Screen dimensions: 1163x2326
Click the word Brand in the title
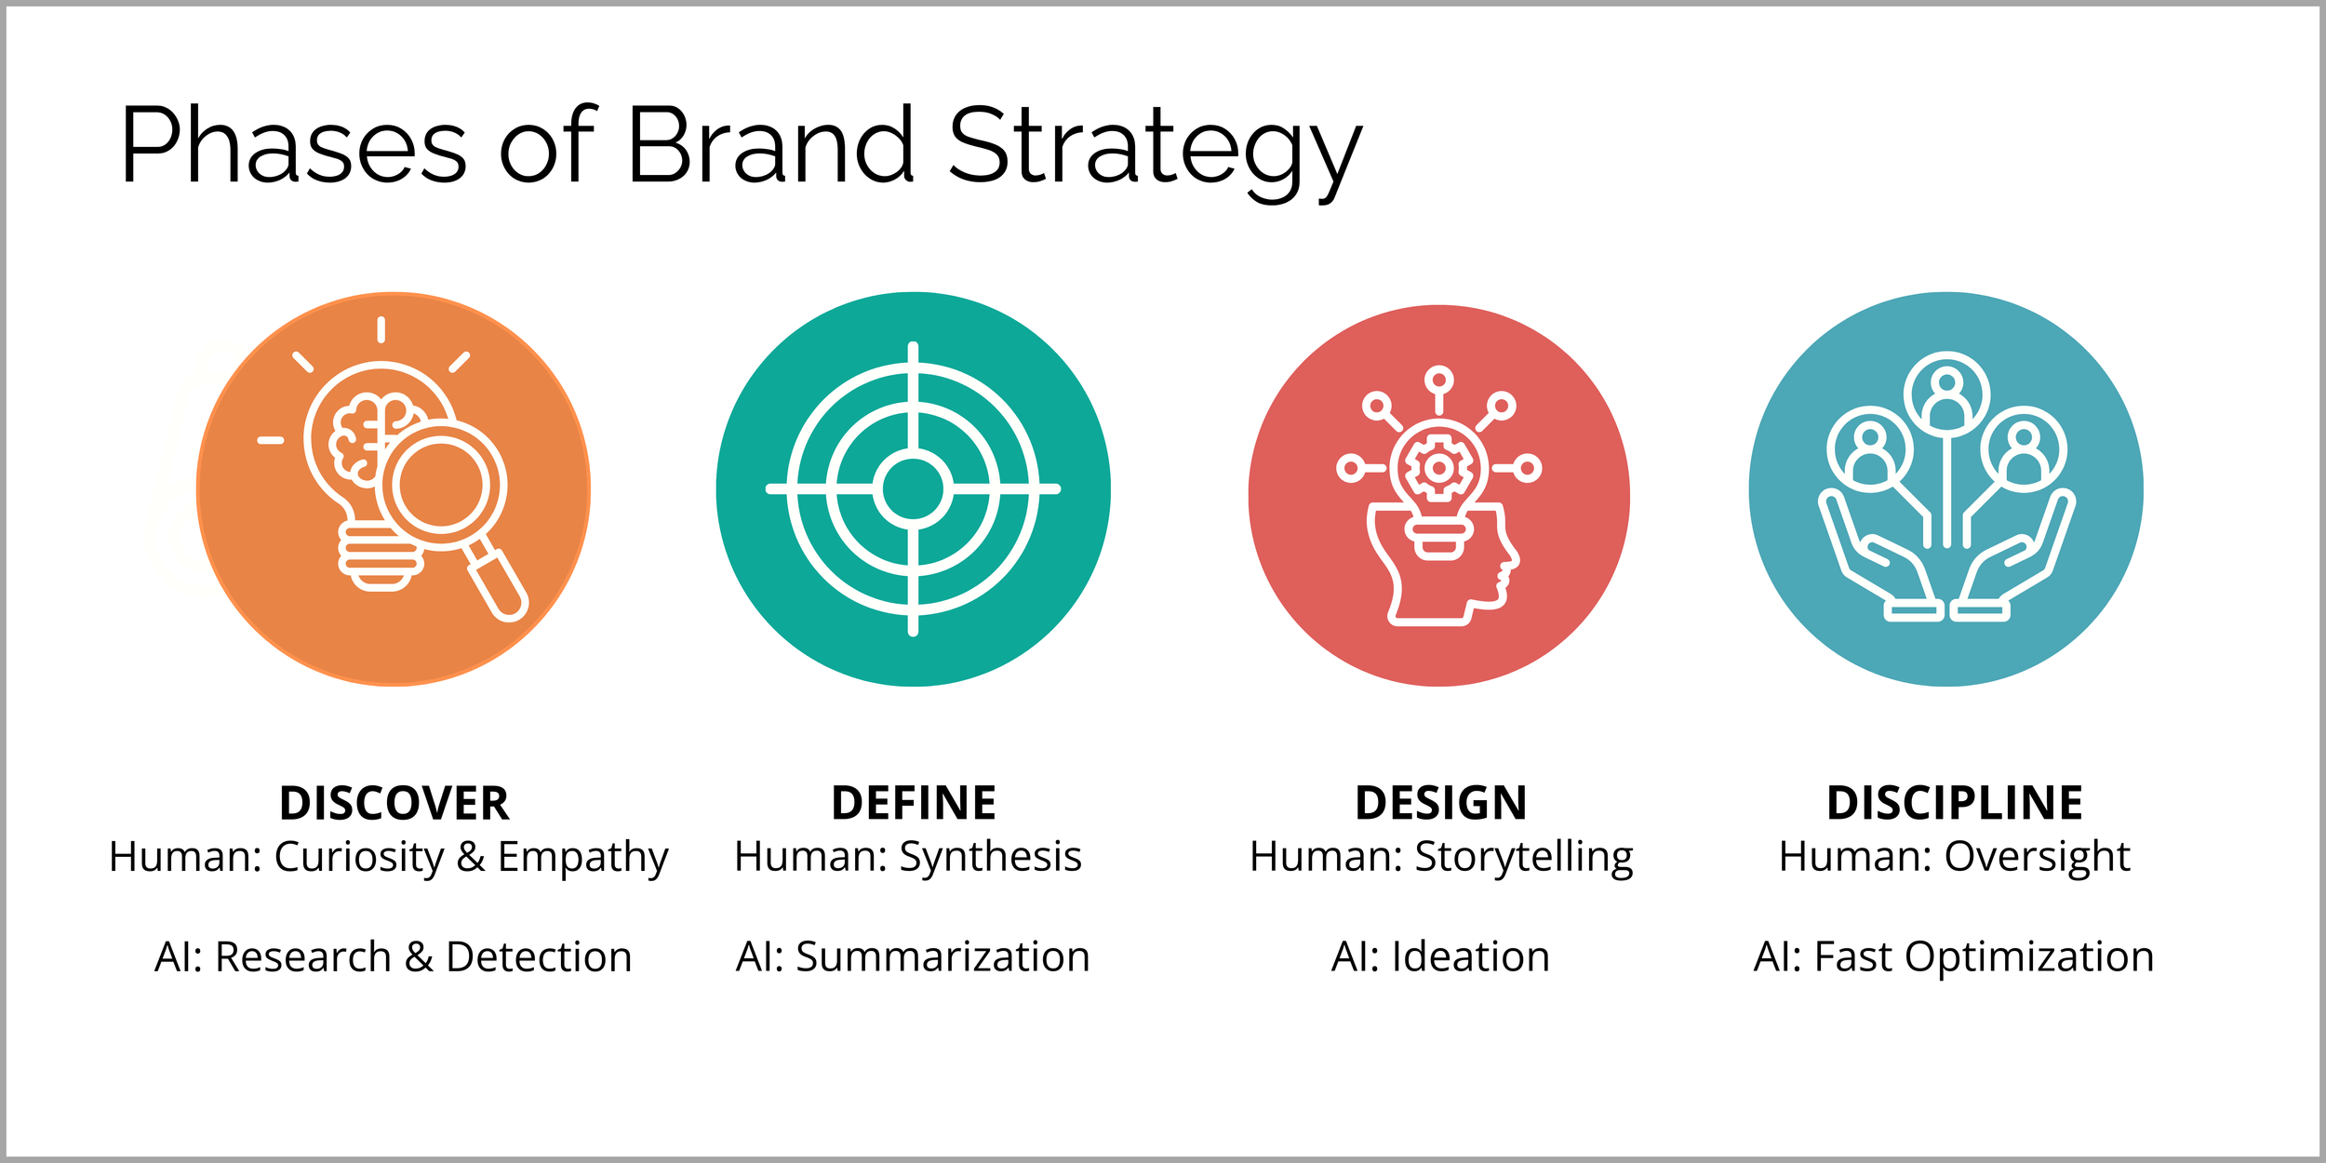tap(770, 146)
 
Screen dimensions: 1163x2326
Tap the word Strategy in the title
tap(1155, 149)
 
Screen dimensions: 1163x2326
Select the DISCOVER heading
tap(394, 804)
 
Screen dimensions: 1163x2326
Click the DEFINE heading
tap(914, 804)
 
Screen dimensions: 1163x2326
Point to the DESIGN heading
tap(1441, 804)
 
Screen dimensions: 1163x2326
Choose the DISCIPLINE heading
tap(1955, 804)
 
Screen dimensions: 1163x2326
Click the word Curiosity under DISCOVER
tap(359, 857)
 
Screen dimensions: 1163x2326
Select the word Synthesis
tap(990, 857)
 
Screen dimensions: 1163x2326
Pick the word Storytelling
tap(1524, 857)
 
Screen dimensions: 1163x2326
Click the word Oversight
tap(2038, 857)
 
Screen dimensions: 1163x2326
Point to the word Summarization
tap(942, 957)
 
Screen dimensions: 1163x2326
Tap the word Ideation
tap(1471, 957)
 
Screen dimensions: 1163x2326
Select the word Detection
tap(539, 957)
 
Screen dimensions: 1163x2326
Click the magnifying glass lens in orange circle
tap(442, 485)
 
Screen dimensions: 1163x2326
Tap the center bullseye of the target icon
tap(913, 489)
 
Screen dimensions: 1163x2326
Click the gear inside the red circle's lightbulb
tap(1438, 467)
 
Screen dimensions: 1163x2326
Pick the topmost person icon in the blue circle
tap(1946, 394)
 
